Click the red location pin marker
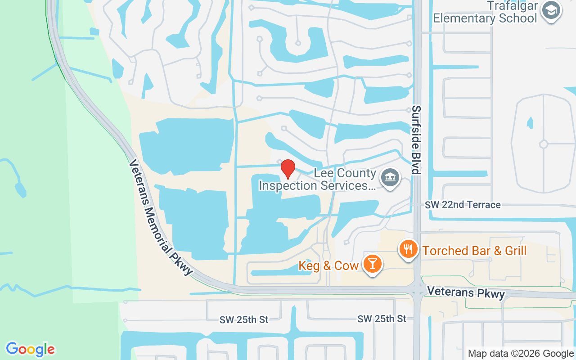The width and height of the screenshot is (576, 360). [x=288, y=169]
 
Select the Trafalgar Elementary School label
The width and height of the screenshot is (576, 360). [x=485, y=12]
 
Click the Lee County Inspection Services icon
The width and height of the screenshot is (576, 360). [x=390, y=178]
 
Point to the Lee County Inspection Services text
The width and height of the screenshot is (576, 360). [x=317, y=180]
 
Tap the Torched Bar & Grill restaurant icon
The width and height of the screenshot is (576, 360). [x=408, y=248]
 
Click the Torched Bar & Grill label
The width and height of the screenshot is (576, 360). [x=474, y=251]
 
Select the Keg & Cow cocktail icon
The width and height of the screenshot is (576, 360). [x=373, y=263]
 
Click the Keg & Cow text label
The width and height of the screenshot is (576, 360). [x=328, y=266]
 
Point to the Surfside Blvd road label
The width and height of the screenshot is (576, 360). [x=416, y=140]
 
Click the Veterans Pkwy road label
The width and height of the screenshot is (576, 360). [x=466, y=292]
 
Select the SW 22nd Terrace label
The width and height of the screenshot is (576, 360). [x=463, y=205]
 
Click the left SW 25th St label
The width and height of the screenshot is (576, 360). [x=244, y=319]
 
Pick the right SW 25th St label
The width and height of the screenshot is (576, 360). [x=382, y=319]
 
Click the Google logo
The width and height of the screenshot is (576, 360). [x=31, y=349]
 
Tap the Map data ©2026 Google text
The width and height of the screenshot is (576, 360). [x=521, y=354]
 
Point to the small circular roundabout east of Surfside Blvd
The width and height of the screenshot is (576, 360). [x=544, y=144]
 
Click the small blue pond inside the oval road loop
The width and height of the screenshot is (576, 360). [x=530, y=122]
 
